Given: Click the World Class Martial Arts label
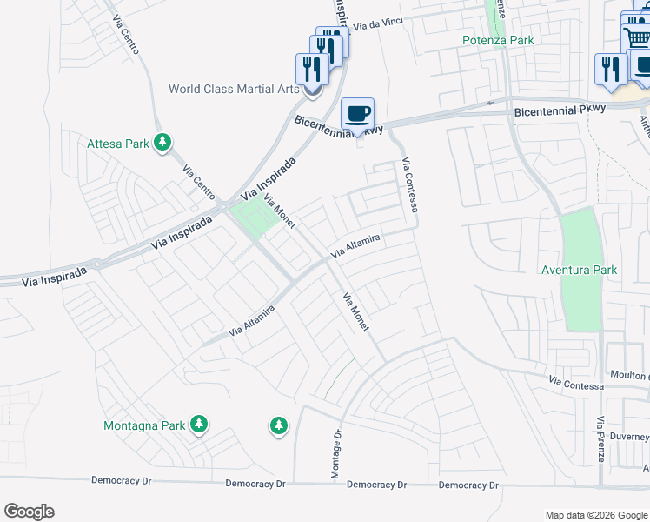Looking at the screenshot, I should pyautogui.click(x=234, y=89).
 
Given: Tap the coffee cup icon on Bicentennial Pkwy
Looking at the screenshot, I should pyautogui.click(x=357, y=113).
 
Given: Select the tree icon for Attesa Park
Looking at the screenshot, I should pyautogui.click(x=162, y=143).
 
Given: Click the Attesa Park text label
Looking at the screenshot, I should pyautogui.click(x=116, y=144).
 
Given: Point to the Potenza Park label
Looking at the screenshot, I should pyautogui.click(x=497, y=40).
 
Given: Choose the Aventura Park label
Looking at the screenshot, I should pyautogui.click(x=579, y=270).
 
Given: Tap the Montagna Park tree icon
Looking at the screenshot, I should pyautogui.click(x=199, y=425).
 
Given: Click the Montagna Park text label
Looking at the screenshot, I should pyautogui.click(x=144, y=425).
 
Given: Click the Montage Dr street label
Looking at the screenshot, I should pyautogui.click(x=335, y=453).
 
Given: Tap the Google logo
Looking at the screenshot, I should pyautogui.click(x=29, y=512).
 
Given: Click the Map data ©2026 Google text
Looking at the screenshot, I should pyautogui.click(x=595, y=515).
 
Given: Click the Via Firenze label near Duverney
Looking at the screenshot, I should pyautogui.click(x=600, y=451).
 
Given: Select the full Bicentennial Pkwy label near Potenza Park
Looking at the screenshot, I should pyautogui.click(x=553, y=112).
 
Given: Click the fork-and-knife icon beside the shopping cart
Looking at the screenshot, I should pyautogui.click(x=611, y=69).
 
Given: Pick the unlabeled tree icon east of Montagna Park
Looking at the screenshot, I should pyautogui.click(x=278, y=425).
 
